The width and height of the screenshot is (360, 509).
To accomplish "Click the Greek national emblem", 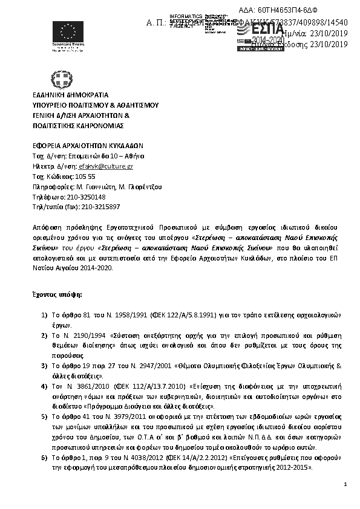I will tap(62, 79).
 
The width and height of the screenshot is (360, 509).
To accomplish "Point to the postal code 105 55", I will tap(85, 176).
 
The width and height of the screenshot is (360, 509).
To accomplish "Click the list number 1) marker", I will tap(44, 314).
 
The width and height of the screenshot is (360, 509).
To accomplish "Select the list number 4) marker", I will tap(44, 385).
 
